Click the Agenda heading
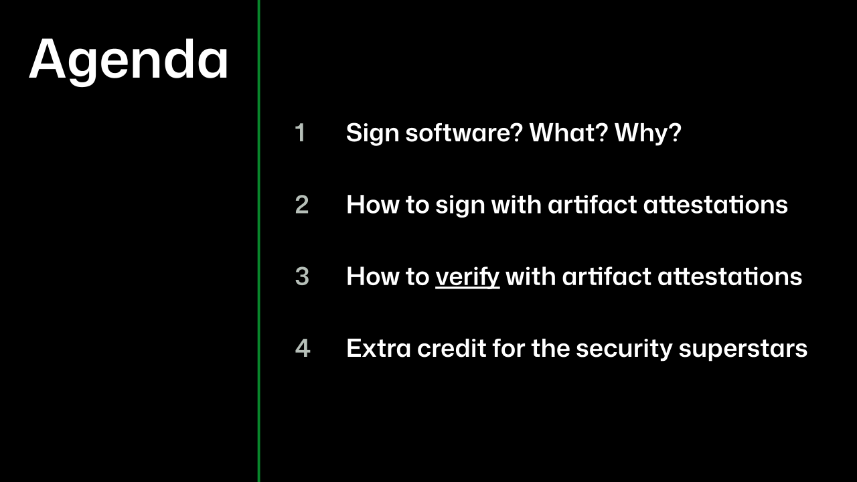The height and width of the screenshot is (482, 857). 129,61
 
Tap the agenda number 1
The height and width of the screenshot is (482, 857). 301,133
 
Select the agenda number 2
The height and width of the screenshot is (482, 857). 302,205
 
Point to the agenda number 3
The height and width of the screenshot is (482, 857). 302,276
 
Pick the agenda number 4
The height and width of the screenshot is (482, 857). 303,348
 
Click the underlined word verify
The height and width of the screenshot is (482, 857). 467,277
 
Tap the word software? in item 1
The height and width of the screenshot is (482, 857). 464,133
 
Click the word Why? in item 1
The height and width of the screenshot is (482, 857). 648,133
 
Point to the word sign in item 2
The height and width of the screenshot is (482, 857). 460,206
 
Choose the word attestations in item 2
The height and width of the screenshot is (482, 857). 716,205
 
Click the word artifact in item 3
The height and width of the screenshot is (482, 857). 607,276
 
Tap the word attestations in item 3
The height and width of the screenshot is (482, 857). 730,276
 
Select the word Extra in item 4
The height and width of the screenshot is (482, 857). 379,348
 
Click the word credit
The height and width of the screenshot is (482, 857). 452,347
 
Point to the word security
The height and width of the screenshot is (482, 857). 625,349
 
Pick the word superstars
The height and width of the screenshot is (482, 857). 743,349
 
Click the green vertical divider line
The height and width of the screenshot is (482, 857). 259,241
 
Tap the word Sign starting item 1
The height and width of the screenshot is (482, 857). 373,133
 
